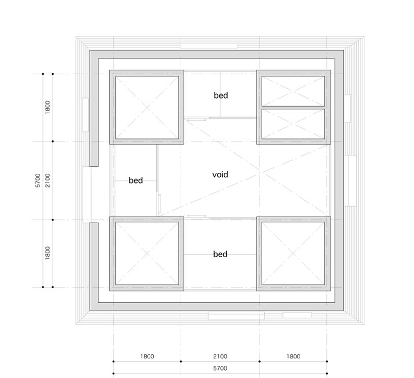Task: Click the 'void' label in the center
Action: pyautogui.click(x=220, y=175)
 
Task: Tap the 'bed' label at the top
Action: pyautogui.click(x=221, y=95)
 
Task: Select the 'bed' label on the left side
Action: pyautogui.click(x=136, y=180)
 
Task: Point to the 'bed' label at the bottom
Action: pyautogui.click(x=220, y=254)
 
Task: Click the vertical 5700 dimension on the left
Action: pyautogui.click(x=38, y=180)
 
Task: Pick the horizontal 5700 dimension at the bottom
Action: pyautogui.click(x=220, y=368)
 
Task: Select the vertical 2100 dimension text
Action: pyautogui.click(x=48, y=180)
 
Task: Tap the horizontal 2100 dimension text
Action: pyautogui.click(x=220, y=356)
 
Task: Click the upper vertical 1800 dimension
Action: pyautogui.click(x=48, y=107)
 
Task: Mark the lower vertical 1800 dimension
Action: pyautogui.click(x=48, y=253)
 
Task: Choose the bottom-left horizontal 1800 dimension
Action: pyautogui.click(x=147, y=356)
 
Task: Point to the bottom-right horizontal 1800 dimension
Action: pyautogui.click(x=293, y=356)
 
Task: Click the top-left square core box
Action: pyautogui.click(x=147, y=107)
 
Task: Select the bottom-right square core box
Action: pyautogui.click(x=294, y=254)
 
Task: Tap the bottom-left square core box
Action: pyautogui.click(x=147, y=254)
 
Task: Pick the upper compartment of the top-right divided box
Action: pyautogui.click(x=293, y=91)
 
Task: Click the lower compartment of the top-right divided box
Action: pyautogui.click(x=293, y=123)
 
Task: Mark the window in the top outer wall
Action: pyautogui.click(x=209, y=46)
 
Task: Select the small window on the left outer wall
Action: pyautogui.click(x=85, y=115)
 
